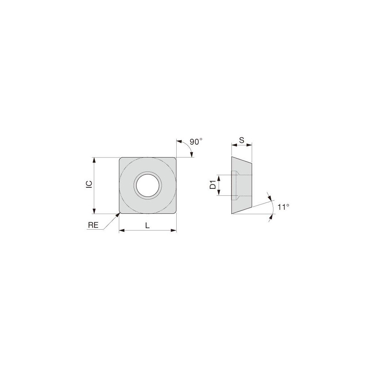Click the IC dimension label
pyautogui.click(x=89, y=185)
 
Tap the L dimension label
pyautogui.click(x=147, y=226)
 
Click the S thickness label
pyautogui.click(x=242, y=140)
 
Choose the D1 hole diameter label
pyautogui.click(x=213, y=185)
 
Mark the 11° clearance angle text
pyautogui.click(x=283, y=207)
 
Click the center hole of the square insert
pyautogui.click(x=148, y=185)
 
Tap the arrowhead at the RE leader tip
pyautogui.click(x=118, y=215)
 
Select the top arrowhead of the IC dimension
pyautogui.click(x=95, y=160)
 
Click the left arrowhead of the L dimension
pyautogui.click(x=121, y=231)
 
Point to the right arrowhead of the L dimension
pyautogui.click(x=174, y=231)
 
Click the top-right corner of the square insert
pyautogui.click(x=175, y=159)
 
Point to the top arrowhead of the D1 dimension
pyautogui.click(x=219, y=177)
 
